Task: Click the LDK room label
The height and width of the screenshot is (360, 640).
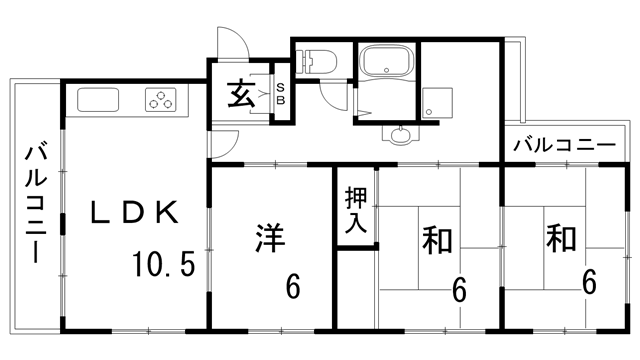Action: (x=135, y=212)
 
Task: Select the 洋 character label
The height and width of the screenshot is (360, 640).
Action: (x=269, y=239)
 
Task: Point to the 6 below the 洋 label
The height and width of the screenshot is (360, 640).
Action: (x=293, y=287)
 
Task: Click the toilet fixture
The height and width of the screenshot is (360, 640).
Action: (x=320, y=62)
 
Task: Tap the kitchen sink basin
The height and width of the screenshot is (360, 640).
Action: (x=97, y=100)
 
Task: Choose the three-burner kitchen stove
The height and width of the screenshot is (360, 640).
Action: (x=160, y=99)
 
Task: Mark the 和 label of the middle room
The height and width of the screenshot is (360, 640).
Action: (x=437, y=241)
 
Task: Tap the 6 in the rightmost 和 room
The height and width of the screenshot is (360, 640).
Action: (x=590, y=281)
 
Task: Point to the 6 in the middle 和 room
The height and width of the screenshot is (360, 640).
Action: (x=459, y=289)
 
